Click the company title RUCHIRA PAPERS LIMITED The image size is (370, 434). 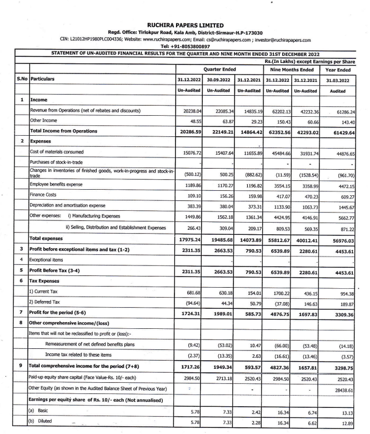186,24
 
